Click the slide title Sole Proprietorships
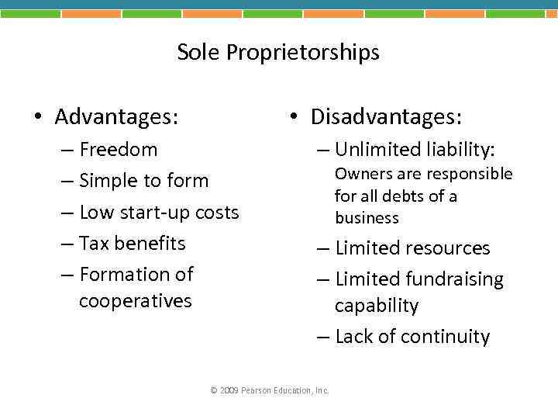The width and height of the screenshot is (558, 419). pos(278,53)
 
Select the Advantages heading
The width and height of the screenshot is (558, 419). pos(116,117)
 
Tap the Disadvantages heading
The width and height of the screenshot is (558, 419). pos(386,117)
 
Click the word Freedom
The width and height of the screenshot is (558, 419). pos(118,149)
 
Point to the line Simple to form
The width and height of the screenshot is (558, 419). pos(143,181)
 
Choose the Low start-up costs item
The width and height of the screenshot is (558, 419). pos(159,212)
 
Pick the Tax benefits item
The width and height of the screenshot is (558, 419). pos(133,243)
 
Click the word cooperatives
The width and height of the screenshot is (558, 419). pos(135,301)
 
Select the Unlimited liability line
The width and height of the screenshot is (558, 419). pos(415,149)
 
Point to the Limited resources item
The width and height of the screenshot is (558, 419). pos(412,248)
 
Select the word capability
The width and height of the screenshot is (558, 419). pos(377,306)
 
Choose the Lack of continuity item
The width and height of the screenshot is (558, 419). pos(412,337)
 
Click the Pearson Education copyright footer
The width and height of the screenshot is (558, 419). pos(270,390)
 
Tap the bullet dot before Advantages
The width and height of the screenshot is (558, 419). pos(37,118)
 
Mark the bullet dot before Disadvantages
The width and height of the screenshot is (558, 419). pos(293,118)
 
